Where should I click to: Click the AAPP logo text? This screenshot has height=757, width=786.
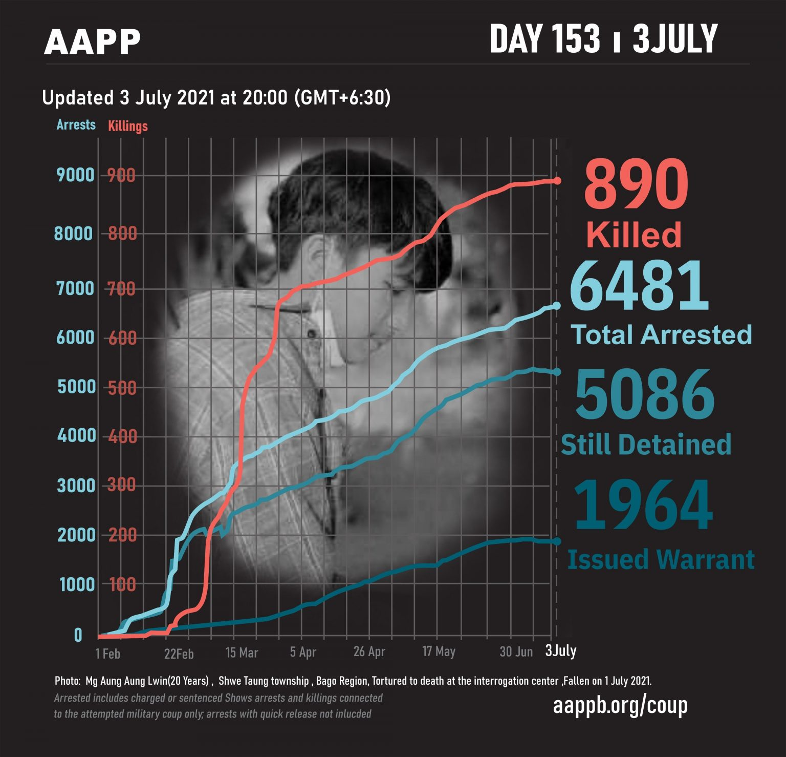click(x=92, y=42)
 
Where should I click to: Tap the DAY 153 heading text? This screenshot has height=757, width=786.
click(x=544, y=39)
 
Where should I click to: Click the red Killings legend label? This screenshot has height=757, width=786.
click(x=128, y=126)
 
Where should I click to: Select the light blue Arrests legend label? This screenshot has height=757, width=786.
click(x=76, y=124)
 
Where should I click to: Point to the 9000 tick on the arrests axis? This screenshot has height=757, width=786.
click(x=76, y=175)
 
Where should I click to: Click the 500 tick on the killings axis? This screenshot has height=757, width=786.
click(x=122, y=388)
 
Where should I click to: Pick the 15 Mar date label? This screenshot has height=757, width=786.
click(x=242, y=653)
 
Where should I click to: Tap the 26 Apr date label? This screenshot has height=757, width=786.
click(x=369, y=651)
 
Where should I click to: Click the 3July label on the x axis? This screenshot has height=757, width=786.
click(x=561, y=650)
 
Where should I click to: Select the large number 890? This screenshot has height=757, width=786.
click(x=636, y=184)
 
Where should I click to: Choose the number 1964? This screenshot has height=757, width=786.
click(x=643, y=506)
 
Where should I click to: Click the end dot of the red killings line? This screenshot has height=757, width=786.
click(x=557, y=181)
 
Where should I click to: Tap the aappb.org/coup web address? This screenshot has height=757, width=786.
click(x=620, y=705)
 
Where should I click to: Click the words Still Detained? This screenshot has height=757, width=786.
click(x=646, y=444)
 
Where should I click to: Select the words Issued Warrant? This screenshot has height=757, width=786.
click(x=661, y=559)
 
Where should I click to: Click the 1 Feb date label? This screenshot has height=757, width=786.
click(x=107, y=654)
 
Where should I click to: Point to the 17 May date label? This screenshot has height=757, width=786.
click(x=439, y=651)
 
